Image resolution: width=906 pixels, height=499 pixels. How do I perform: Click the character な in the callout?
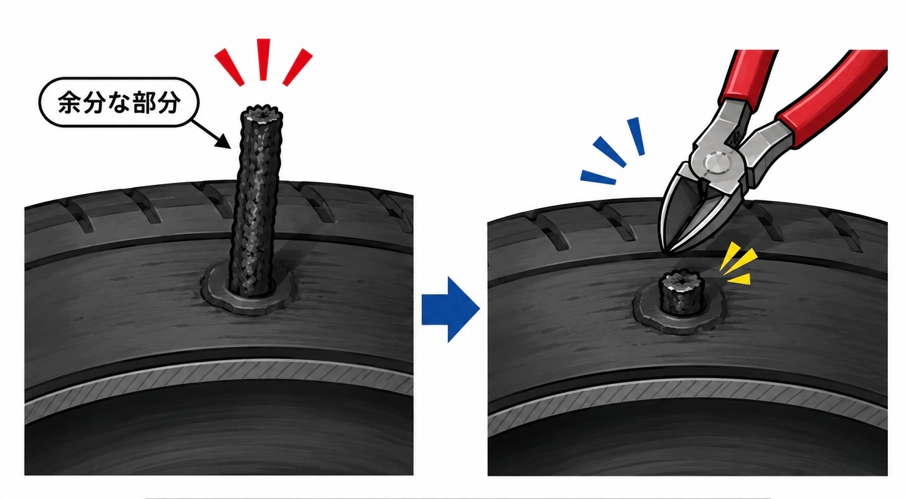(x=119, y=103)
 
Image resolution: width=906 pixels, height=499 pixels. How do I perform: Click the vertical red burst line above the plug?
(x=263, y=59)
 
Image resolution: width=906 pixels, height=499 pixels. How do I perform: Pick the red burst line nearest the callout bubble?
(x=229, y=67)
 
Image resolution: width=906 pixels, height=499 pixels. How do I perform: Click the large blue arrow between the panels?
(x=450, y=309)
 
